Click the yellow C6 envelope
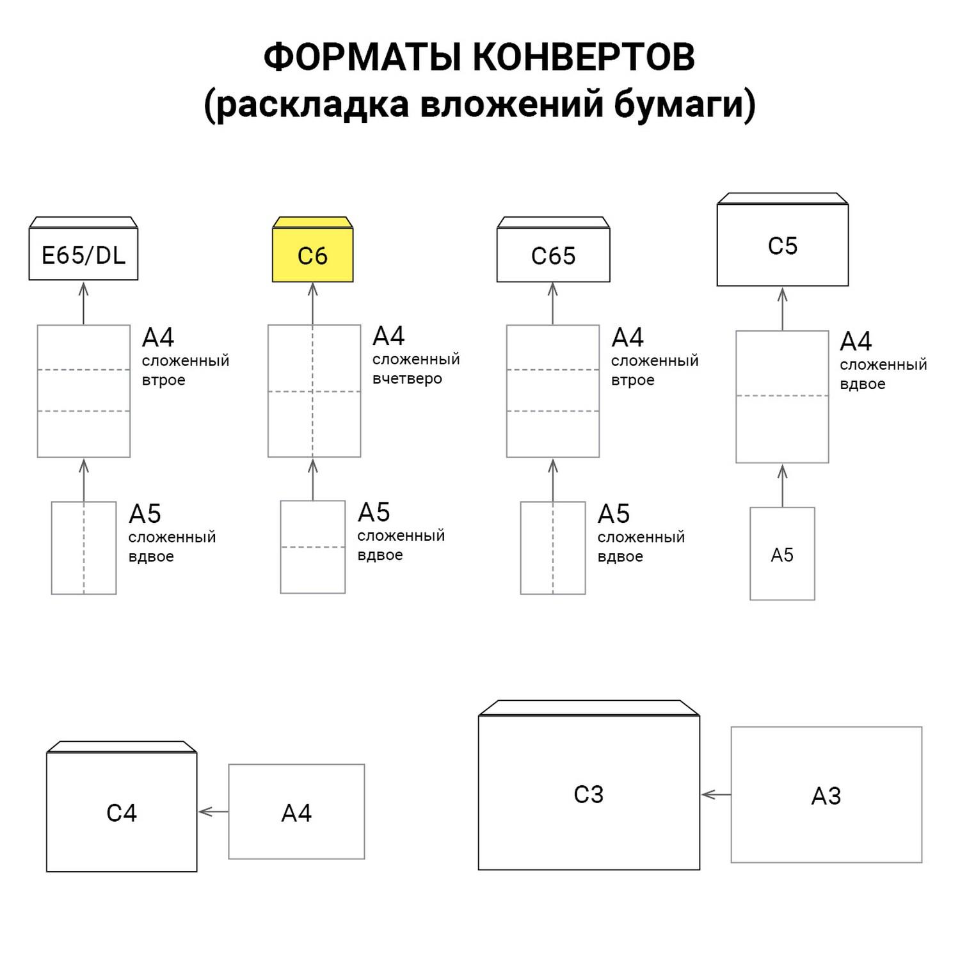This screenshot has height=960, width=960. point(312,255)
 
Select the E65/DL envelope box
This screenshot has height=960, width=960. point(83,255)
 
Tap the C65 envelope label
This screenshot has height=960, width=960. point(553,256)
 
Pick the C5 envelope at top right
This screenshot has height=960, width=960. point(782,246)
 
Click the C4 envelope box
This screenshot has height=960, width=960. point(122,812)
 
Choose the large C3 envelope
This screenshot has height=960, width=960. point(589,794)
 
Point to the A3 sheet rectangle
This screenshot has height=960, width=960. point(826,795)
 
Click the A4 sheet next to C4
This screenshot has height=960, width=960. point(296,812)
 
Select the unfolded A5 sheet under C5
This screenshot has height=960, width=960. point(782,554)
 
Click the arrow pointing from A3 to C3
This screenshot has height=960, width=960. point(716,795)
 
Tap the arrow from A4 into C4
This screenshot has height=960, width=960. point(212,812)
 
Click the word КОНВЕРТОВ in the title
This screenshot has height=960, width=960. point(584,58)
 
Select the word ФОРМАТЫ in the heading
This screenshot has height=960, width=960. point(362,58)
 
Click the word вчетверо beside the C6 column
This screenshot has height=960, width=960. point(407,379)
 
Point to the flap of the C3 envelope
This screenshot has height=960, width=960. point(589,708)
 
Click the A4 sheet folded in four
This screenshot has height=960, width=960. point(314,391)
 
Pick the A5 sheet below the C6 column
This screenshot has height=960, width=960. point(312,547)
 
